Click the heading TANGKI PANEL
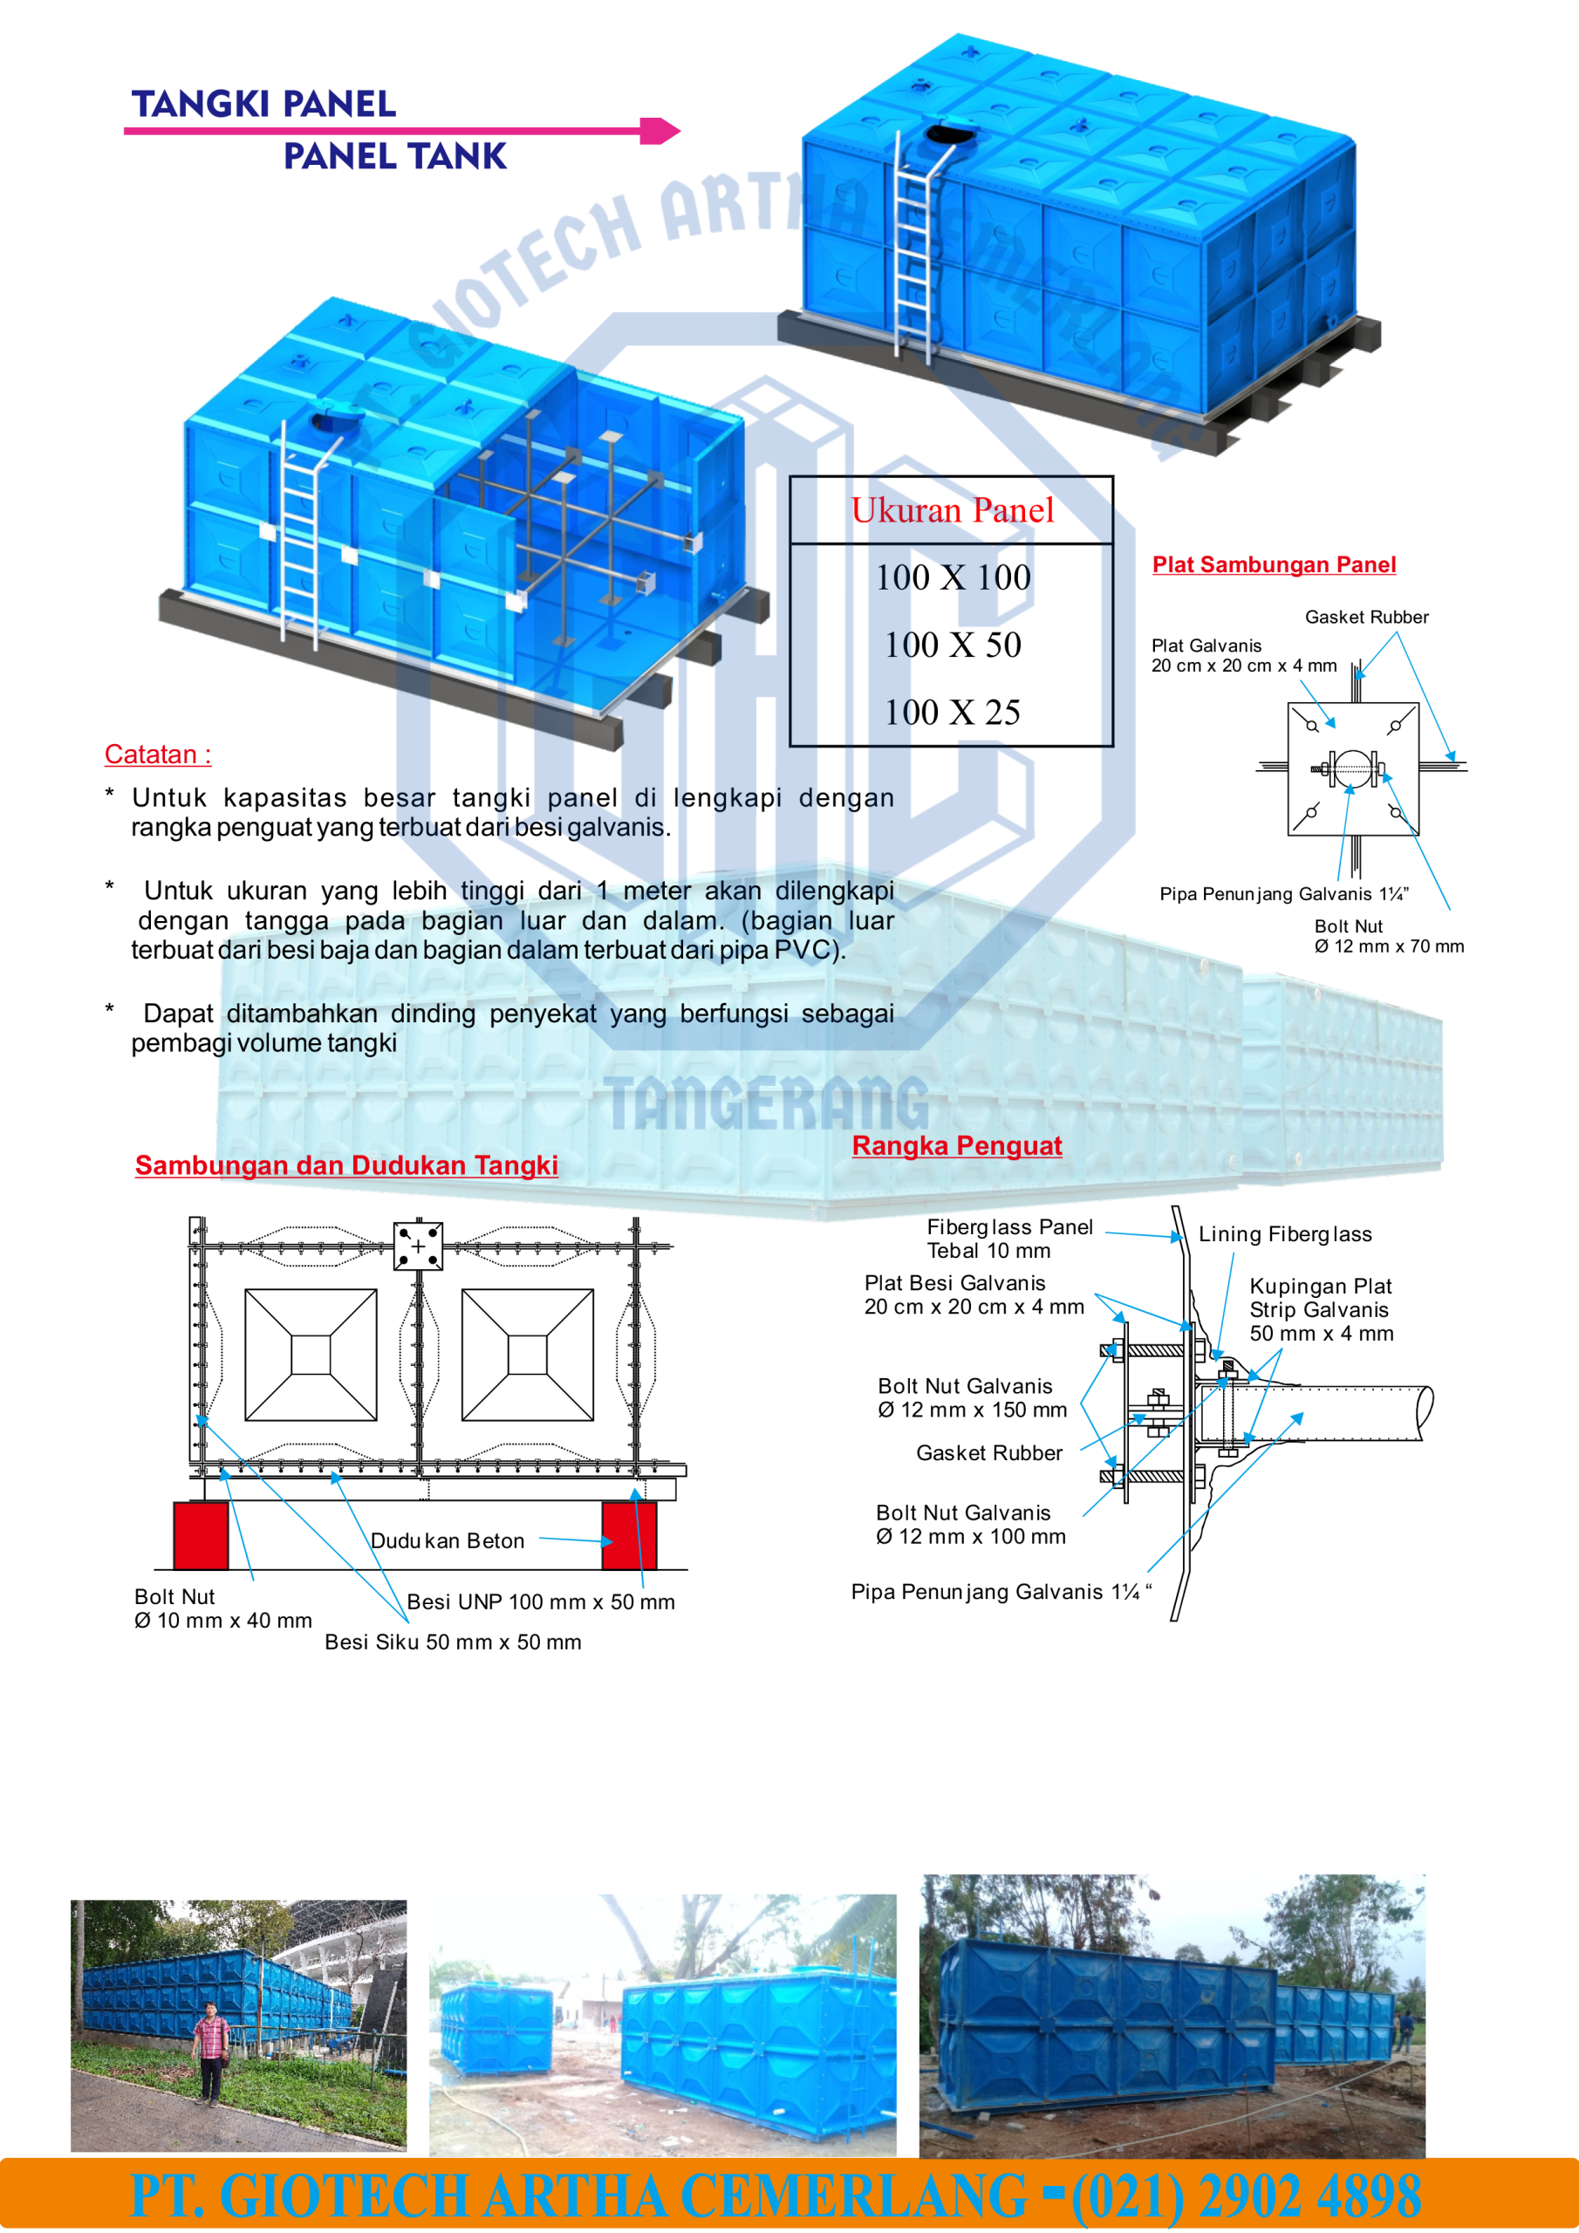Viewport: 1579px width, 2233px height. [x=263, y=104]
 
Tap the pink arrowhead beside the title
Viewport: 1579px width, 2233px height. [x=660, y=130]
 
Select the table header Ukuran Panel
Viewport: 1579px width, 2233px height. [x=953, y=509]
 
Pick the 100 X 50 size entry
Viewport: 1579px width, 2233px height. [x=953, y=645]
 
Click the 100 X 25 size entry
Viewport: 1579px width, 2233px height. [x=953, y=712]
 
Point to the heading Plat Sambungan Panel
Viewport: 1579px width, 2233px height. [x=1274, y=565]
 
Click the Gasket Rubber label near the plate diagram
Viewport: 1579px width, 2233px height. [x=1366, y=617]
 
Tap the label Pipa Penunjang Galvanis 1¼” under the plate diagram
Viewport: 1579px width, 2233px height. [x=1283, y=894]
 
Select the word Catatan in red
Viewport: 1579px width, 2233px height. [x=151, y=754]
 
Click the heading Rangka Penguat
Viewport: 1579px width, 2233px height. [x=957, y=1145]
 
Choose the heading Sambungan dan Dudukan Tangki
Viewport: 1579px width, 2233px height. [x=346, y=1165]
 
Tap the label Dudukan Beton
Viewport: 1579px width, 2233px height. [x=448, y=1540]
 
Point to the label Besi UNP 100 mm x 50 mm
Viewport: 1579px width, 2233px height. [x=541, y=1601]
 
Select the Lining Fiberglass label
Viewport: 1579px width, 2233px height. [x=1285, y=1234]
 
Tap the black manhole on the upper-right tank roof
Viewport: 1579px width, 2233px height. [x=947, y=134]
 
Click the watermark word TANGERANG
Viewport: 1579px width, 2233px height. [x=767, y=1104]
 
